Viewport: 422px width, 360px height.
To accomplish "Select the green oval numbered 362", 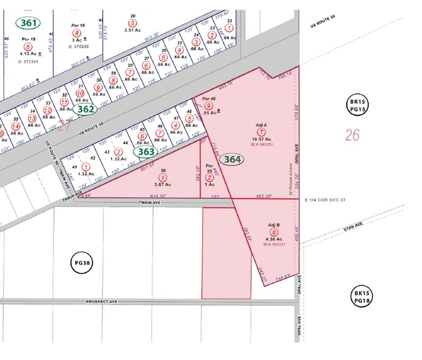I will tap(86, 109).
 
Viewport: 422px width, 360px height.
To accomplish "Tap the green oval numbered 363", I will tap(145, 152).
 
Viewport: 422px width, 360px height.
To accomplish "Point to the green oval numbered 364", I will tap(232, 159).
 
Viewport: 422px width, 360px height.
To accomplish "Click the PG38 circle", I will tap(82, 264).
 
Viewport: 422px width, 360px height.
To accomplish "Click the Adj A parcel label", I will tap(261, 125).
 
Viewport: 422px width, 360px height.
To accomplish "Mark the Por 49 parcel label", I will tap(209, 99).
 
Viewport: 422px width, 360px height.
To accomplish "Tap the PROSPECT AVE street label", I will tap(101, 301).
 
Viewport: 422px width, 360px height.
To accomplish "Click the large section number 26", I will tap(352, 135).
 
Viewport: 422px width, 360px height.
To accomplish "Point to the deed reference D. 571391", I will tap(28, 61).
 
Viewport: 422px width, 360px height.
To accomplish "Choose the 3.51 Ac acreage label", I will tap(133, 29).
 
